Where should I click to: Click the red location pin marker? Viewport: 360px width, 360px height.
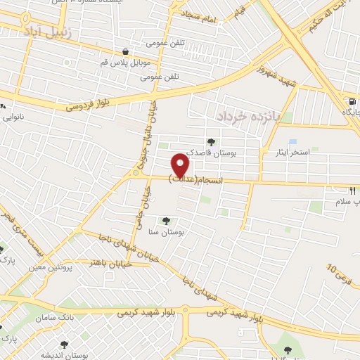click(x=181, y=164)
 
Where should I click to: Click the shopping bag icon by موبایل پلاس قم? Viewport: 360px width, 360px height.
click(x=124, y=51)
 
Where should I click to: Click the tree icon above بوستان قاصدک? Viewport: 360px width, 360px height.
click(x=211, y=142)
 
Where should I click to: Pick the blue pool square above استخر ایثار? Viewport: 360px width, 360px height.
click(x=292, y=141)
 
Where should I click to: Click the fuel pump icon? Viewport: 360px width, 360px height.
click(x=350, y=100)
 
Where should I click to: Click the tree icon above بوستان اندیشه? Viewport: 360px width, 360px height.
click(x=65, y=345)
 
